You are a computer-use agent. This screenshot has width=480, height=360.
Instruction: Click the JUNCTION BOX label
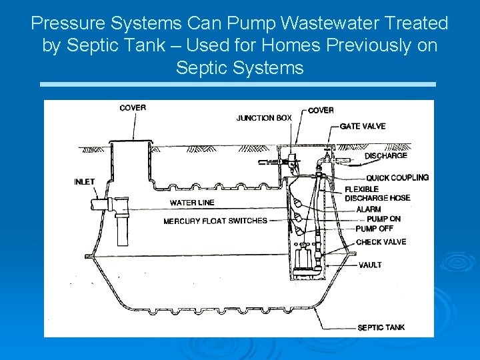(x=264, y=118)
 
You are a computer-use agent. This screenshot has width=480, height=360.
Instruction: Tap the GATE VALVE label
(x=362, y=126)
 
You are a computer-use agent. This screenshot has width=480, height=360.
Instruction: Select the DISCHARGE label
(x=385, y=156)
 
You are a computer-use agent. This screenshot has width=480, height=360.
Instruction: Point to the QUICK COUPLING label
(x=397, y=177)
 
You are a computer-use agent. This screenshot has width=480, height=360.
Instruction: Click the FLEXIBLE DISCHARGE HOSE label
(x=377, y=193)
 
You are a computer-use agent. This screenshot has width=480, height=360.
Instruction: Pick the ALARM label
(x=369, y=209)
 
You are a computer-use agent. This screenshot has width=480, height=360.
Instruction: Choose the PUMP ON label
(x=383, y=219)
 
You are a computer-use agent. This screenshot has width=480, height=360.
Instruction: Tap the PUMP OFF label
(x=375, y=229)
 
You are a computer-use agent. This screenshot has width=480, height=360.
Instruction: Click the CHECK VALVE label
(x=381, y=242)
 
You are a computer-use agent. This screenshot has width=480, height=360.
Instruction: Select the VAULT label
(x=370, y=265)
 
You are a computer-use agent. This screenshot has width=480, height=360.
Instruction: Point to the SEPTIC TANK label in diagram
(x=381, y=327)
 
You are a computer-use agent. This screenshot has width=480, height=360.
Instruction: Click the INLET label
(x=85, y=181)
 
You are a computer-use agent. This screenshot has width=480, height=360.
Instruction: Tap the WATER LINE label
(x=192, y=203)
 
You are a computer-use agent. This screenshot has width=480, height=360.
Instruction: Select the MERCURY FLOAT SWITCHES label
(x=215, y=221)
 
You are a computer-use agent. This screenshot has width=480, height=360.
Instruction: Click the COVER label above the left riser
(x=133, y=108)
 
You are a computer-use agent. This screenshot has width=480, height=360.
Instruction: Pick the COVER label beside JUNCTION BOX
(x=321, y=110)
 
